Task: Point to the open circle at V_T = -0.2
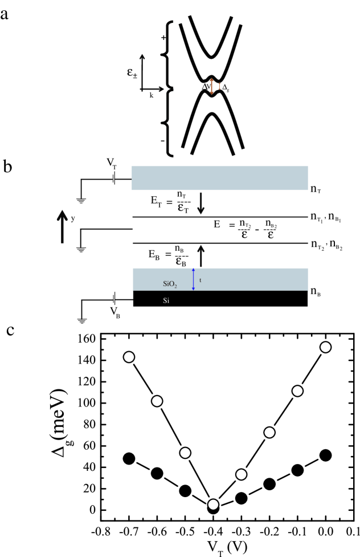[269, 432]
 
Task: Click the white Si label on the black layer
[165, 299]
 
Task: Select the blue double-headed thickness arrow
[194, 279]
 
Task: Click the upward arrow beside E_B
[200, 255]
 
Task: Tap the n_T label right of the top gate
[317, 186]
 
